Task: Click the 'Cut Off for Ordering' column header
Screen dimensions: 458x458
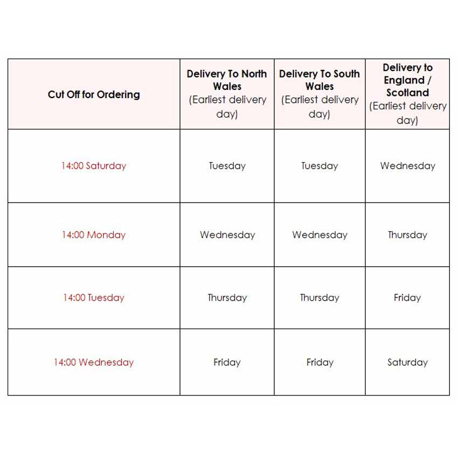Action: click(94, 94)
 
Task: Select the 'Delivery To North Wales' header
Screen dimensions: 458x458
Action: click(227, 80)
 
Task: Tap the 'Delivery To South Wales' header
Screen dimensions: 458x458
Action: click(320, 80)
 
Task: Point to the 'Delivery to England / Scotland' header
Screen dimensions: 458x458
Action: click(407, 80)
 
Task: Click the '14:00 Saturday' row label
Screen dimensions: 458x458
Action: click(93, 166)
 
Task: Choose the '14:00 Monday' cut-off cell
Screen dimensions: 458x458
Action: click(93, 235)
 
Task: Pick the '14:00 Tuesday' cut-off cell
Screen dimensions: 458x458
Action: click(93, 297)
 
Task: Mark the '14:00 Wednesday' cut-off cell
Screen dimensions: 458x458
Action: click(93, 362)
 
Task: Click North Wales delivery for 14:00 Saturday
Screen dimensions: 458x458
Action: click(227, 166)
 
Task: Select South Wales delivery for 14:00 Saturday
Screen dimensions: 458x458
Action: click(320, 166)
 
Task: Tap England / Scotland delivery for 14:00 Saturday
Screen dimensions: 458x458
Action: click(407, 166)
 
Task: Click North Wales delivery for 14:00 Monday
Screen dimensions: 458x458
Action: click(227, 235)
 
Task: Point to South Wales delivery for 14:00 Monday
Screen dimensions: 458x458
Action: click(320, 235)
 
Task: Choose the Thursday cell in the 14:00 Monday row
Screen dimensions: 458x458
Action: click(407, 235)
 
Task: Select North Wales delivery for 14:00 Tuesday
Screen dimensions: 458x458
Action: click(227, 297)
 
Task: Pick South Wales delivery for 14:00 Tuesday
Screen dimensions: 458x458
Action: click(320, 297)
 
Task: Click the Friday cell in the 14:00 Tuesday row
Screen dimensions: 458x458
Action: click(407, 297)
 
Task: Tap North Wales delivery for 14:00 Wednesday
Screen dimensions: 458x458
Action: click(227, 362)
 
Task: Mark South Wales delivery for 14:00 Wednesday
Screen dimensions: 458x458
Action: click(320, 362)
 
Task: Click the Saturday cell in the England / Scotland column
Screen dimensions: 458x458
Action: click(407, 362)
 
